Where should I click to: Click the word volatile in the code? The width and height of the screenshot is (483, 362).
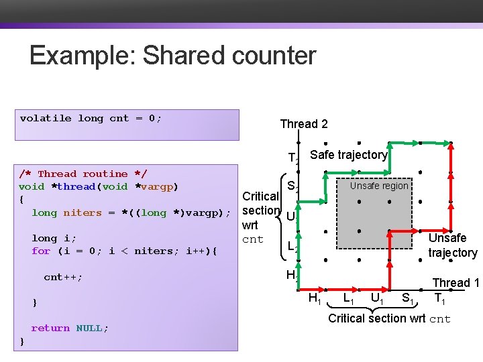[45, 119]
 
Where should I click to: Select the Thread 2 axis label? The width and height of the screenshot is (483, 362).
[303, 124]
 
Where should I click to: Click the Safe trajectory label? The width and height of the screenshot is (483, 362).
[349, 155]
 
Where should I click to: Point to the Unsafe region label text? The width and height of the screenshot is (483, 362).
[378, 186]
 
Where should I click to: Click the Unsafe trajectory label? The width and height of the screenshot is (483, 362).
[452, 245]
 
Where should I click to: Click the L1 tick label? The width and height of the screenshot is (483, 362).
[349, 298]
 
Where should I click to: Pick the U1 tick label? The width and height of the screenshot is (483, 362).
[377, 298]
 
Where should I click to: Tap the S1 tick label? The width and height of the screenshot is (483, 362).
[407, 298]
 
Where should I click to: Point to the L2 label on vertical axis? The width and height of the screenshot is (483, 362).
[293, 247]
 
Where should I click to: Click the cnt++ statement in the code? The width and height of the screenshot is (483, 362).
[63, 277]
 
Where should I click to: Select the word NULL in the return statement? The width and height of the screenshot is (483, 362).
[92, 328]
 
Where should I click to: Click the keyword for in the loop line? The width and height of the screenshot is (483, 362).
[40, 251]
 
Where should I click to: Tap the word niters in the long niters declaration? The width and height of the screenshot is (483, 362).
[82, 213]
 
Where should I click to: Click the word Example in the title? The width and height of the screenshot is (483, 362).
[80, 55]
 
